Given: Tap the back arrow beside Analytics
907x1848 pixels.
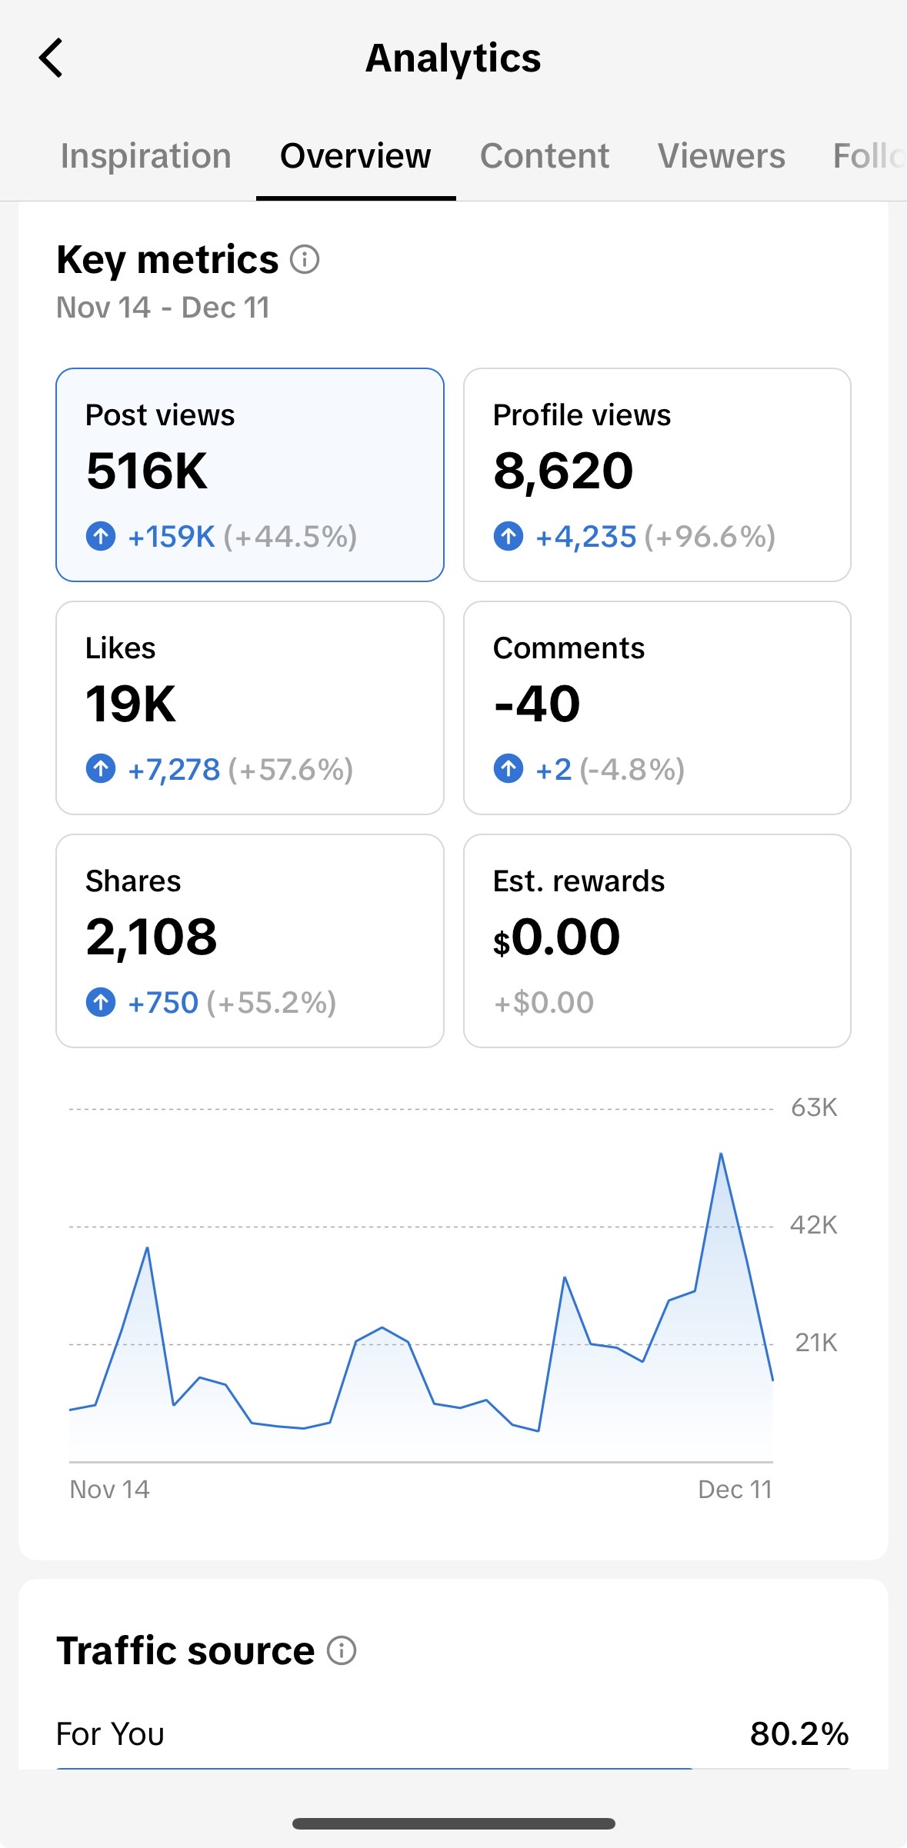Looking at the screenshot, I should click(51, 58).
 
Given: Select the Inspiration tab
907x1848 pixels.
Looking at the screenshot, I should click(145, 156).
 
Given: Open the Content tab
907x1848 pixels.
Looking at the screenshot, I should click(544, 156).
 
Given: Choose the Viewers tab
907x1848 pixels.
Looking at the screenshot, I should click(721, 156).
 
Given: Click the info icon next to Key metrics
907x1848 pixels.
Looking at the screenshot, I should click(305, 259).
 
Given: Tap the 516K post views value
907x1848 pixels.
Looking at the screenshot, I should click(147, 471).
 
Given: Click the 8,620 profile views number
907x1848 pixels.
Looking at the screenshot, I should click(563, 471).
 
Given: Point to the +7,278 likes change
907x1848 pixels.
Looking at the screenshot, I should click(174, 769).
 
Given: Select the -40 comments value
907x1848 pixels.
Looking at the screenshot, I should click(537, 704).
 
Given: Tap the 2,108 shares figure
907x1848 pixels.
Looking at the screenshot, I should click(152, 937).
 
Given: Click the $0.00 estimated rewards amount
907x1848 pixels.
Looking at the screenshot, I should click(556, 937).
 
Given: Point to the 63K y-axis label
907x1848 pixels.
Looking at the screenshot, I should click(813, 1107).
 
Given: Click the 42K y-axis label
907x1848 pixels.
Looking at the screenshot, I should click(813, 1224).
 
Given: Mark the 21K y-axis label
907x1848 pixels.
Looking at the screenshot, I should click(815, 1343).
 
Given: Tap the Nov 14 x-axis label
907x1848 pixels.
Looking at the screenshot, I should click(109, 1490).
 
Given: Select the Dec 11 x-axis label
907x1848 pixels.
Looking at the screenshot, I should click(734, 1490).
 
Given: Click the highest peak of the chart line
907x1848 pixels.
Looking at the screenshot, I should click(721, 1154).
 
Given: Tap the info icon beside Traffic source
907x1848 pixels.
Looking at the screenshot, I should click(342, 1650).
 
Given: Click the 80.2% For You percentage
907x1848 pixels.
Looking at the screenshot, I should click(799, 1734).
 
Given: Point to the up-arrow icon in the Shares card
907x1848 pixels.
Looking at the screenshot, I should click(101, 1002).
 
